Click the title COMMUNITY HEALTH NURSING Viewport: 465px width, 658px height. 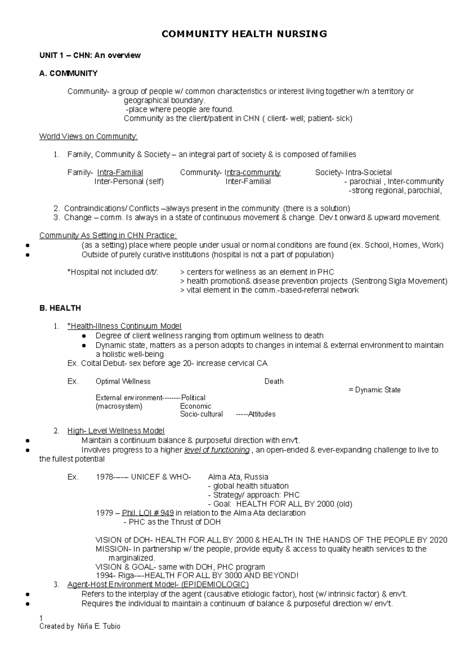point(244,34)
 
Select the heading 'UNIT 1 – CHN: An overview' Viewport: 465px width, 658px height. point(90,55)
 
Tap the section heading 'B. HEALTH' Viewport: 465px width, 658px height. point(60,308)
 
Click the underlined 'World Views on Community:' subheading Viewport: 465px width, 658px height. point(88,136)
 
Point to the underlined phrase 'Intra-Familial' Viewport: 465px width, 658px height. point(120,172)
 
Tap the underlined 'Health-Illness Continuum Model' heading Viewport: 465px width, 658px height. point(125,326)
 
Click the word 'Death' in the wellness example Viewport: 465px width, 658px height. point(274,381)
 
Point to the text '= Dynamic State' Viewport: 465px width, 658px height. point(375,390)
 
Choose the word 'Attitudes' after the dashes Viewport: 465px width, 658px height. point(262,414)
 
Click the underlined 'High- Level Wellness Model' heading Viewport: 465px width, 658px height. point(116,431)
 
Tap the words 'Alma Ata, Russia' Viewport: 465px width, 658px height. point(238,477)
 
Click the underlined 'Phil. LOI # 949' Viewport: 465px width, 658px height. point(148,513)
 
